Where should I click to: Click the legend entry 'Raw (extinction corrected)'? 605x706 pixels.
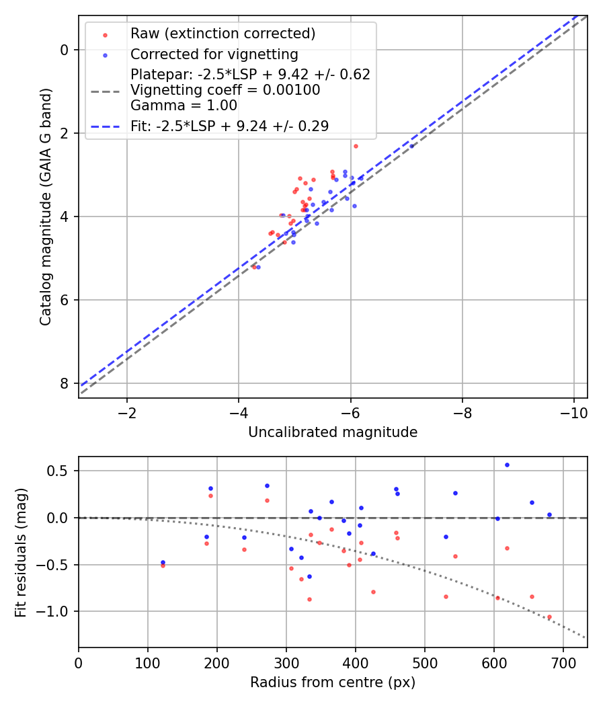pyautogui.click(x=223, y=34)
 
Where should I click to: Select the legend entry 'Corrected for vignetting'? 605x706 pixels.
pyautogui.click(x=214, y=54)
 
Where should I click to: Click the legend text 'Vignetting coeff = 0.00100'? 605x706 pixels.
pyautogui.click(x=225, y=89)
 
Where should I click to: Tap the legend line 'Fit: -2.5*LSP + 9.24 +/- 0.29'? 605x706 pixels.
pyautogui.click(x=229, y=126)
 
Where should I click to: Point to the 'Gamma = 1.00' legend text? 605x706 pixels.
pyautogui.click(x=184, y=105)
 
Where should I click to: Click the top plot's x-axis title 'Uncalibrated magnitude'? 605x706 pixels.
pyautogui.click(x=333, y=432)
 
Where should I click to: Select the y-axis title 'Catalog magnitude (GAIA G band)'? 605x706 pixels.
pyautogui.click(x=45, y=207)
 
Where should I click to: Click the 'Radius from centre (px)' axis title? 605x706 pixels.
pyautogui.click(x=333, y=682)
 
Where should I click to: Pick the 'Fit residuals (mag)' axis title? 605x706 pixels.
pyautogui.click(x=21, y=552)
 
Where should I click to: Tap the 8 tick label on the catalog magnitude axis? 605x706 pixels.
pyautogui.click(x=63, y=383)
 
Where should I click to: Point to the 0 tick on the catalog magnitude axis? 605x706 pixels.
pyautogui.click(x=63, y=50)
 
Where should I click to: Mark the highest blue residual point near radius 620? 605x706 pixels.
pyautogui.click(x=507, y=465)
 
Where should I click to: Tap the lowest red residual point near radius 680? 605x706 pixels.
pyautogui.click(x=549, y=617)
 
